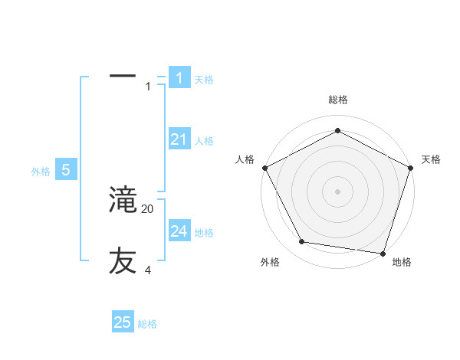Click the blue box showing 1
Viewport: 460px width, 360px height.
pyautogui.click(x=179, y=78)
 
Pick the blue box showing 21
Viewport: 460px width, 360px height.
pyautogui.click(x=179, y=139)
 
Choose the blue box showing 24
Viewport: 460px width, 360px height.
pyautogui.click(x=179, y=231)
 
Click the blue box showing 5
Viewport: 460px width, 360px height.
pyautogui.click(x=66, y=170)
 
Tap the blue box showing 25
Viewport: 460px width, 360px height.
pyautogui.click(x=123, y=322)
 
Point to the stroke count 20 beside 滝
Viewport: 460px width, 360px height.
pyautogui.click(x=148, y=209)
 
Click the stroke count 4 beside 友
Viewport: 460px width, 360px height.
pyautogui.click(x=148, y=270)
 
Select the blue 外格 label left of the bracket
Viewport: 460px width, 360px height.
pyautogui.click(x=41, y=172)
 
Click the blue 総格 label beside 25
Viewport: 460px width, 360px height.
pyautogui.click(x=148, y=324)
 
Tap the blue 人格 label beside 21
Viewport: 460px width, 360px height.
pyautogui.click(x=204, y=141)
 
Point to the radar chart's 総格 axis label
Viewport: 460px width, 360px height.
pyautogui.click(x=337, y=100)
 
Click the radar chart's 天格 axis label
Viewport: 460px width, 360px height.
pyautogui.click(x=432, y=159)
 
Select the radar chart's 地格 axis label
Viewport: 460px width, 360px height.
pyautogui.click(x=402, y=263)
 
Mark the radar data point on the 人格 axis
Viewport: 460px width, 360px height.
pyautogui.click(x=264, y=168)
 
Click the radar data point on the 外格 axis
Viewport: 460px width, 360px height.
pyautogui.click(x=302, y=242)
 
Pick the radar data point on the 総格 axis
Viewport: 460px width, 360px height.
pyautogui.click(x=337, y=130)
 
